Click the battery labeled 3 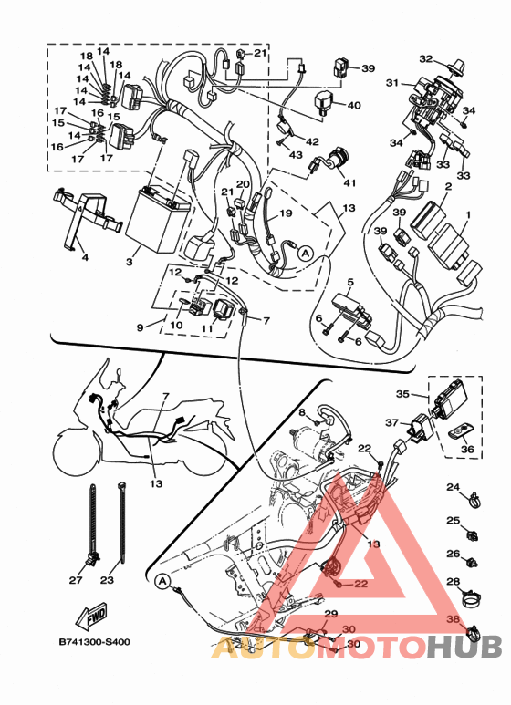158,221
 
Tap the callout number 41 349,182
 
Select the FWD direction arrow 92,615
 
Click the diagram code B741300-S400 95,641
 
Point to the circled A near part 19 306,254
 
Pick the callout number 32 426,59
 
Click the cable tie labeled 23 121,522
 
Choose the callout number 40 354,105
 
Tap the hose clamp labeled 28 472,597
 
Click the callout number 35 402,394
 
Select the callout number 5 350,282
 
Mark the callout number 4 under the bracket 85,257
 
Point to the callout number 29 330,614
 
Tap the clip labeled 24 474,499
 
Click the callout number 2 448,186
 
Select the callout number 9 141,327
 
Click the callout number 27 76,580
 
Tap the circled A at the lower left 162,581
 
